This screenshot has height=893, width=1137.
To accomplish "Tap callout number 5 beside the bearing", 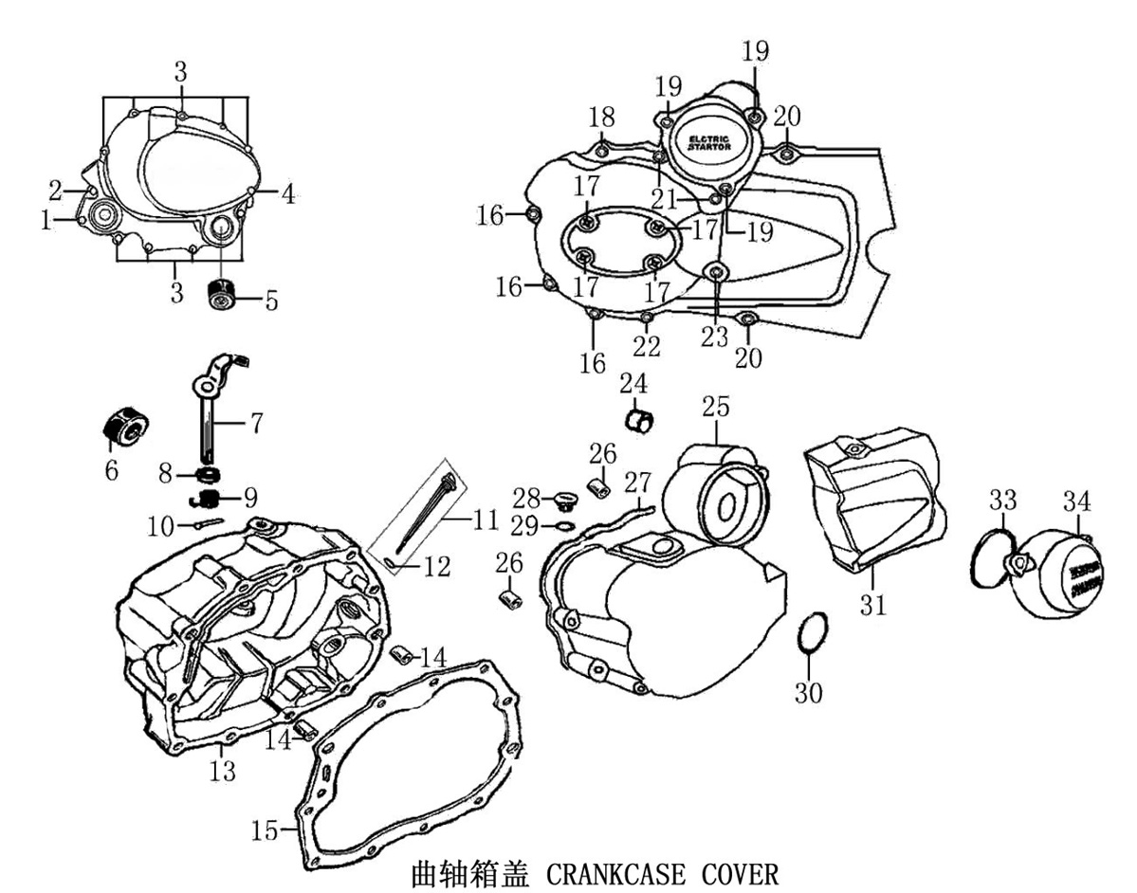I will tap(271, 301).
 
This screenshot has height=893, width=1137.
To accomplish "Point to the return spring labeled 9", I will tap(207, 496).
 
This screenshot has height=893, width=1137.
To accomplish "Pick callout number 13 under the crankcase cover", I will tap(222, 772).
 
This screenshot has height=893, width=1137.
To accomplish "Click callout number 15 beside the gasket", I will tap(266, 831).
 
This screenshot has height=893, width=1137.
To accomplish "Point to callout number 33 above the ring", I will tap(1003, 500).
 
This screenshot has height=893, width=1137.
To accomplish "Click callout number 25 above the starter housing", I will tap(716, 407).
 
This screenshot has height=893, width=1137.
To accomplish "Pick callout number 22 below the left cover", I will tap(647, 346).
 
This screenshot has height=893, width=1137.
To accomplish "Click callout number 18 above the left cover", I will tap(601, 118).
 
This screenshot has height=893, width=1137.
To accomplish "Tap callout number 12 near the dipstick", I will tap(436, 566).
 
